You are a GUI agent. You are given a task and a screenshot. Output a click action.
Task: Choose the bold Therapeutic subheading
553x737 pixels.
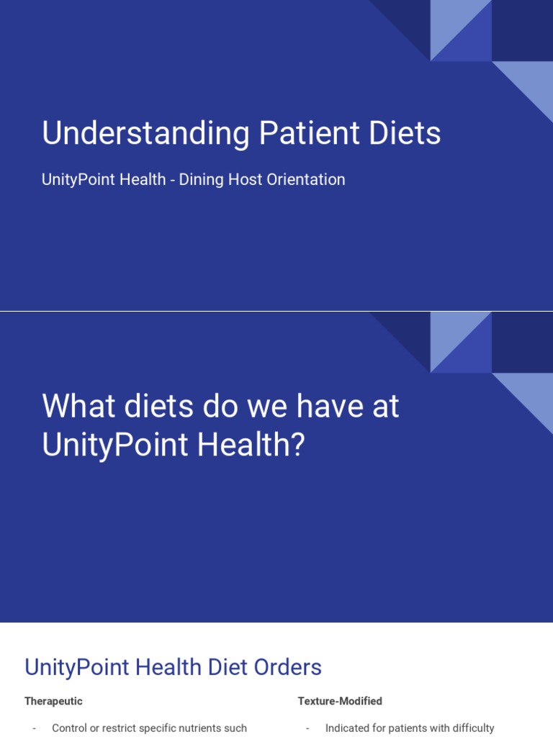tap(53, 701)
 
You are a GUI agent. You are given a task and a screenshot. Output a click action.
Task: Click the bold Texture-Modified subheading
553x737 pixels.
tap(340, 701)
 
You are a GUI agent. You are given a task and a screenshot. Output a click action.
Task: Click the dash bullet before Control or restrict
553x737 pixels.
tap(34, 728)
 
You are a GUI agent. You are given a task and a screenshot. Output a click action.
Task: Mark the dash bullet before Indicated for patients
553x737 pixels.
tap(307, 728)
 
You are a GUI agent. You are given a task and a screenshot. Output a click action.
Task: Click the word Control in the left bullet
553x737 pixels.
tap(69, 728)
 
